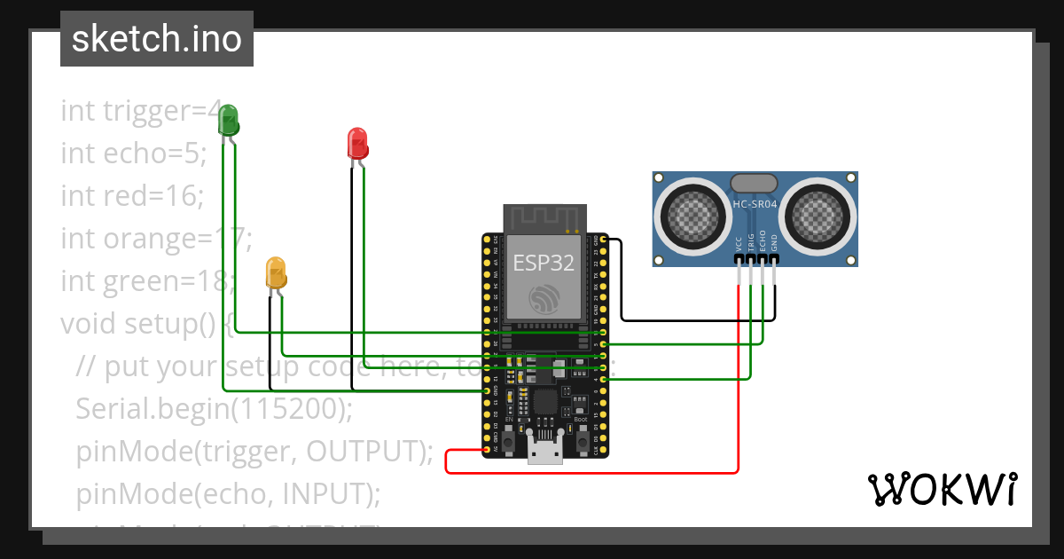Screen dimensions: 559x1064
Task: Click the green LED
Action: [229, 120]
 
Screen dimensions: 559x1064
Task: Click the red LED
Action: [356, 143]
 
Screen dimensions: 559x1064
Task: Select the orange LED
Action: [276, 273]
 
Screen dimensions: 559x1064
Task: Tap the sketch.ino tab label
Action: [157, 39]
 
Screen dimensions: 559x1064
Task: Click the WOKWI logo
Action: [942, 489]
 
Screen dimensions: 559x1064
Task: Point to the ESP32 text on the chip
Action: [544, 263]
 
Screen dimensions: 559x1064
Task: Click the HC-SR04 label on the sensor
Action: [755, 204]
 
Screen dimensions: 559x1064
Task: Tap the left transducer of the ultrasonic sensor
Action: [692, 214]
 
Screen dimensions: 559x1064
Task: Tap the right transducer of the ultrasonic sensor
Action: [818, 214]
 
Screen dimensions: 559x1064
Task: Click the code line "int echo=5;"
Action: [134, 154]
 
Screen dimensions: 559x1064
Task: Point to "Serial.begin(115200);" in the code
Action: [214, 408]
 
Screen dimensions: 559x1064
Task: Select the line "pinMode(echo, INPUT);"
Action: [228, 492]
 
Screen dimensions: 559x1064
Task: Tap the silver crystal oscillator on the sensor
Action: [755, 184]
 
